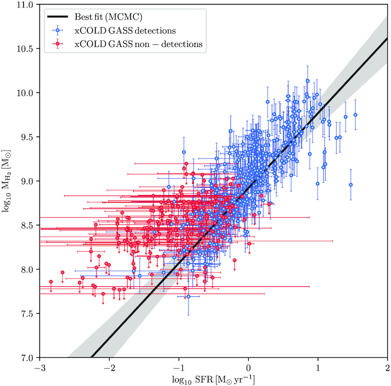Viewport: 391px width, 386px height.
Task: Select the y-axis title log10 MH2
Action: coord(8,182)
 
